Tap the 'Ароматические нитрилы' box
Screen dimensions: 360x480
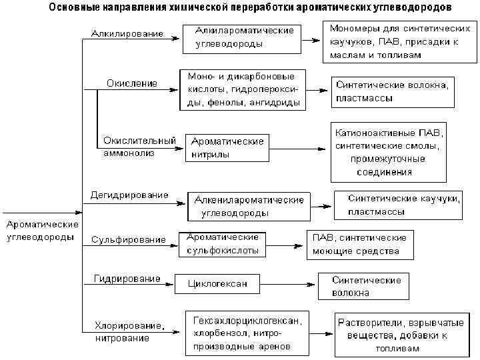[227, 148]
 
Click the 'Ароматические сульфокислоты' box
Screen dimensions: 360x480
[223, 245]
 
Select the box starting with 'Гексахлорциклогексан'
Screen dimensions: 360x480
[251, 332]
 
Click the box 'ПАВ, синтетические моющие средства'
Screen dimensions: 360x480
[360, 245]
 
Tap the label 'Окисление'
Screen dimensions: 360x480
[132, 83]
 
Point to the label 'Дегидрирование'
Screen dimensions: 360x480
[129, 195]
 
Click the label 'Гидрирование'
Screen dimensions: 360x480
[127, 278]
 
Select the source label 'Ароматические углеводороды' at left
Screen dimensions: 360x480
[41, 231]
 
